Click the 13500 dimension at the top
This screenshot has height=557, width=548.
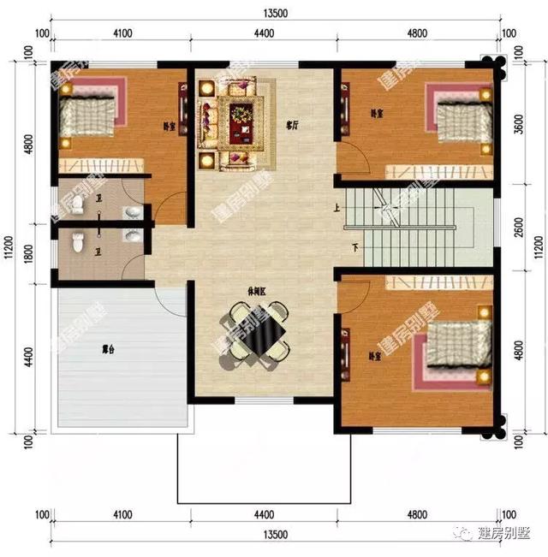275,13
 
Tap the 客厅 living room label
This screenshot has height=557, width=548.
292,125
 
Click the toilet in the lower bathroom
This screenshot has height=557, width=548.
78,243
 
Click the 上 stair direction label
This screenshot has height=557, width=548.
337,206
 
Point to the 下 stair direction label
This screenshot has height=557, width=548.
354,248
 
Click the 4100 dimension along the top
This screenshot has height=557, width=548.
121,34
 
